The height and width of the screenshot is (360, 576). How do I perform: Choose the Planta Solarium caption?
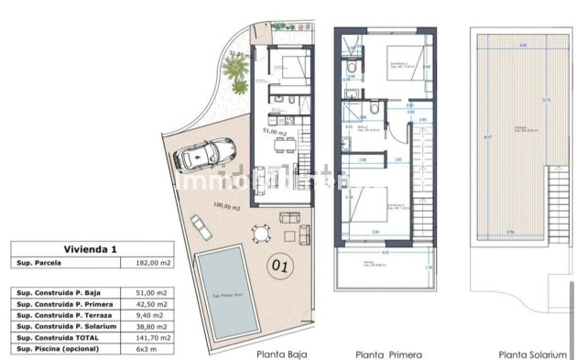click(530, 354)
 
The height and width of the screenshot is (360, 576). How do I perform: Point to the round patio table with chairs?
click(264, 236)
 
